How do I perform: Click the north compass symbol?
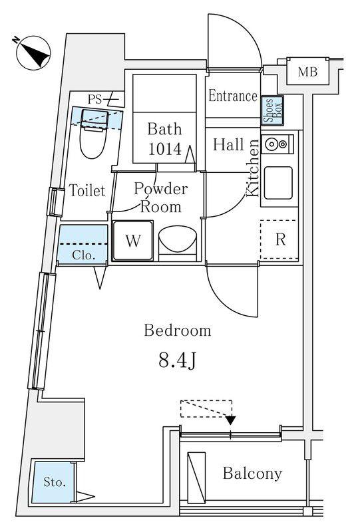pyautogui.click(x=33, y=53)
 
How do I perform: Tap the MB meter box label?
pyautogui.click(x=307, y=72)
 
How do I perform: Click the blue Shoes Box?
pyautogui.click(x=272, y=110)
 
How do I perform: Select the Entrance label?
pyautogui.click(x=233, y=96)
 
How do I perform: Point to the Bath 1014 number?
pyautogui.click(x=165, y=149)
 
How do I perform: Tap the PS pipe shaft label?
pyautogui.click(x=94, y=99)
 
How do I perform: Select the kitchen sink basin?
pyautogui.click(x=278, y=183)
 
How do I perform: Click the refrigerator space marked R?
pyautogui.click(x=279, y=239)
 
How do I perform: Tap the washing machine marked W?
pyautogui.click(x=133, y=241)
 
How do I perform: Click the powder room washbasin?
pyautogui.click(x=178, y=240)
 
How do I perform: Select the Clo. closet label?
pyautogui.click(x=83, y=255)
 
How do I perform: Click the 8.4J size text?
pyautogui.click(x=177, y=360)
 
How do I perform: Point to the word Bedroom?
pyautogui.click(x=178, y=330)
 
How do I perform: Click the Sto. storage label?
pyautogui.click(x=55, y=481)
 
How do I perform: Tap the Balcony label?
pyautogui.click(x=252, y=473)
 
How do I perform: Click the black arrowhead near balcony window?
pyautogui.click(x=231, y=420)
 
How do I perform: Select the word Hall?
pyautogui.click(x=228, y=144)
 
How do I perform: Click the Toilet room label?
pyautogui.click(x=87, y=190)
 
